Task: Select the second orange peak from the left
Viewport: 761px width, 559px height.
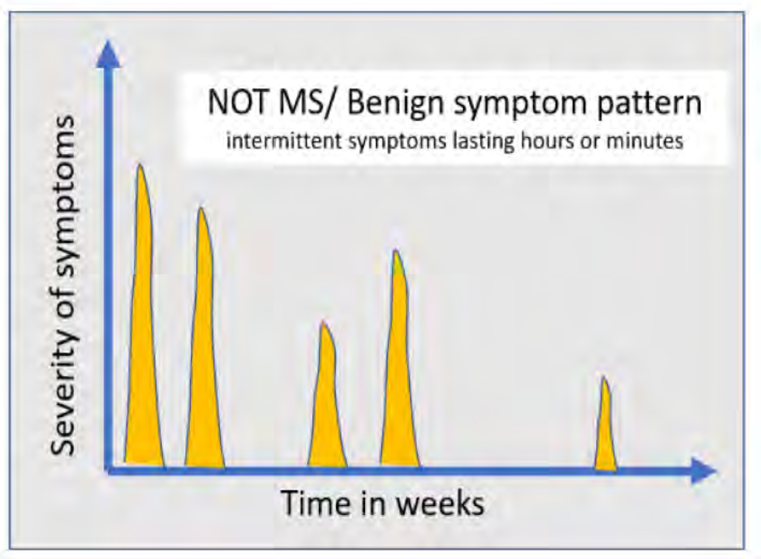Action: pyautogui.click(x=205, y=358)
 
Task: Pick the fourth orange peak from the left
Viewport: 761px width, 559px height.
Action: pyautogui.click(x=399, y=373)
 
